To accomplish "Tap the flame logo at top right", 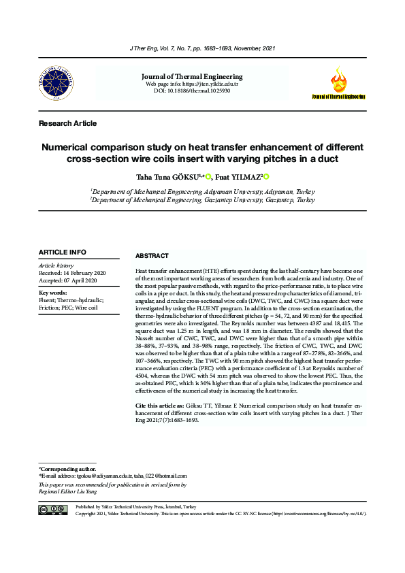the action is (338, 80).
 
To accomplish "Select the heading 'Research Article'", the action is (67, 123).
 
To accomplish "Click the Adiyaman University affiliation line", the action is (202, 192).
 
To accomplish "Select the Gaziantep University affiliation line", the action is (202, 201).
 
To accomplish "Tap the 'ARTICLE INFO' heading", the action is (63, 252).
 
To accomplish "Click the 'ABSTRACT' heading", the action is (152, 256).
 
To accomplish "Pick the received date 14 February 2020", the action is (71, 272).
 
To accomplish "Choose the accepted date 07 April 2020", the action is (68, 280).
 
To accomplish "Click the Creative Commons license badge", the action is (53, 509).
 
